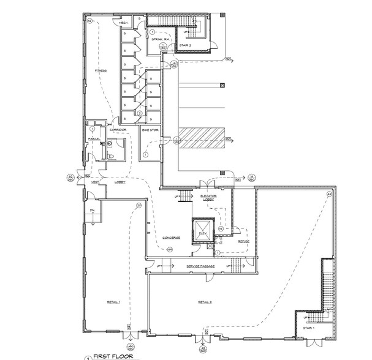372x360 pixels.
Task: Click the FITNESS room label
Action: tap(101, 70)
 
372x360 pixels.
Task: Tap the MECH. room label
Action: tap(123, 24)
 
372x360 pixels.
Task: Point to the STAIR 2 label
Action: tap(186, 45)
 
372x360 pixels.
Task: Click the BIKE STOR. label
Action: tap(150, 130)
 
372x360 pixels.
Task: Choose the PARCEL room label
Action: tap(94, 138)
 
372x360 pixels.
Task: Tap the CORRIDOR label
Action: tap(118, 130)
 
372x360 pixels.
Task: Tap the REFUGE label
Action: tap(243, 241)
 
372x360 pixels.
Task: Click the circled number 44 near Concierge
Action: tap(170, 249)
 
